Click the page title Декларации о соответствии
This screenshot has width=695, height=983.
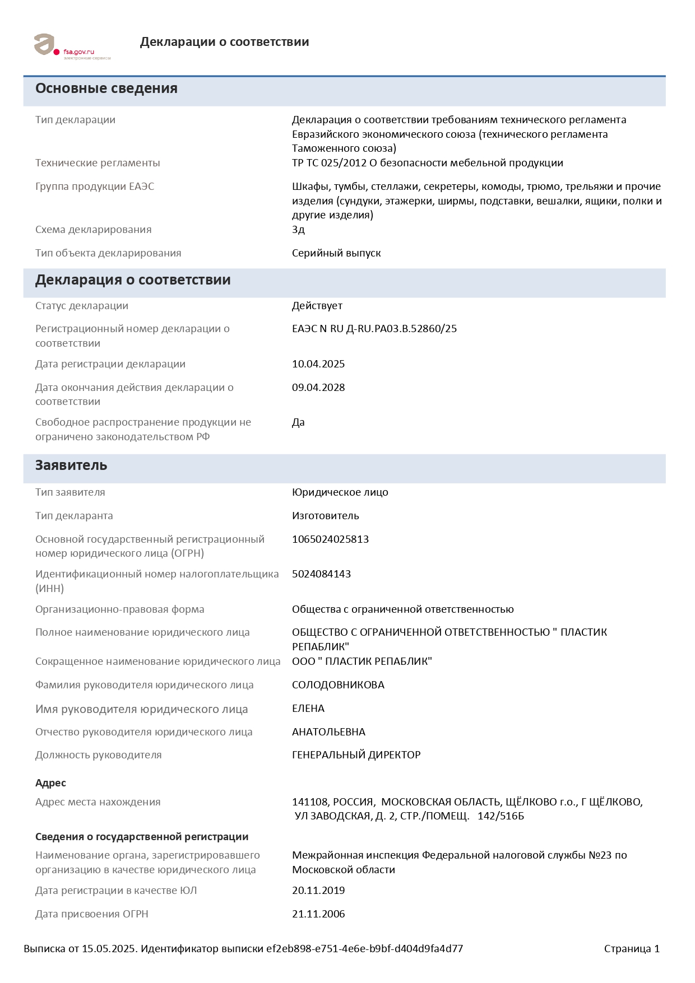(x=224, y=42)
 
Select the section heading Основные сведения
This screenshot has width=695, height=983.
(x=106, y=88)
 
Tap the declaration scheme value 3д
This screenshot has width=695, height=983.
(x=298, y=230)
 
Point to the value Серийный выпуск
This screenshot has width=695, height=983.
(x=336, y=253)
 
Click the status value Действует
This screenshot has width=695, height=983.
(x=317, y=306)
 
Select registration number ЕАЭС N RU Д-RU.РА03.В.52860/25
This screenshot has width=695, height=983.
(x=374, y=329)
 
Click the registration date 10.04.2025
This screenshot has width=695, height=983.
(x=318, y=364)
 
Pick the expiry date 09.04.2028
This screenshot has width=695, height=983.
(x=318, y=388)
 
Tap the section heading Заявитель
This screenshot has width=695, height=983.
(x=71, y=465)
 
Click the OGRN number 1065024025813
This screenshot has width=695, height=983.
(x=330, y=539)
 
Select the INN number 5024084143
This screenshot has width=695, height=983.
(x=321, y=574)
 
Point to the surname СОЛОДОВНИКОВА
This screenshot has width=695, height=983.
(x=338, y=685)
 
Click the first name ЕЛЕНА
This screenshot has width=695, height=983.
(x=308, y=709)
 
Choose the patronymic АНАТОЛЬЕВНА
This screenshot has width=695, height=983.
(x=328, y=732)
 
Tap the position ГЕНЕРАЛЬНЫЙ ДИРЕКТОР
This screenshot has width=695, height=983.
(x=356, y=755)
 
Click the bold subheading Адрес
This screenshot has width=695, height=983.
(x=50, y=783)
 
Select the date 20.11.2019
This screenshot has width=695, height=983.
(x=318, y=891)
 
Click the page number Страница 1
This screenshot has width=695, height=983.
(x=632, y=949)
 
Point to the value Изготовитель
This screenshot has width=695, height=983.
(x=325, y=516)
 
